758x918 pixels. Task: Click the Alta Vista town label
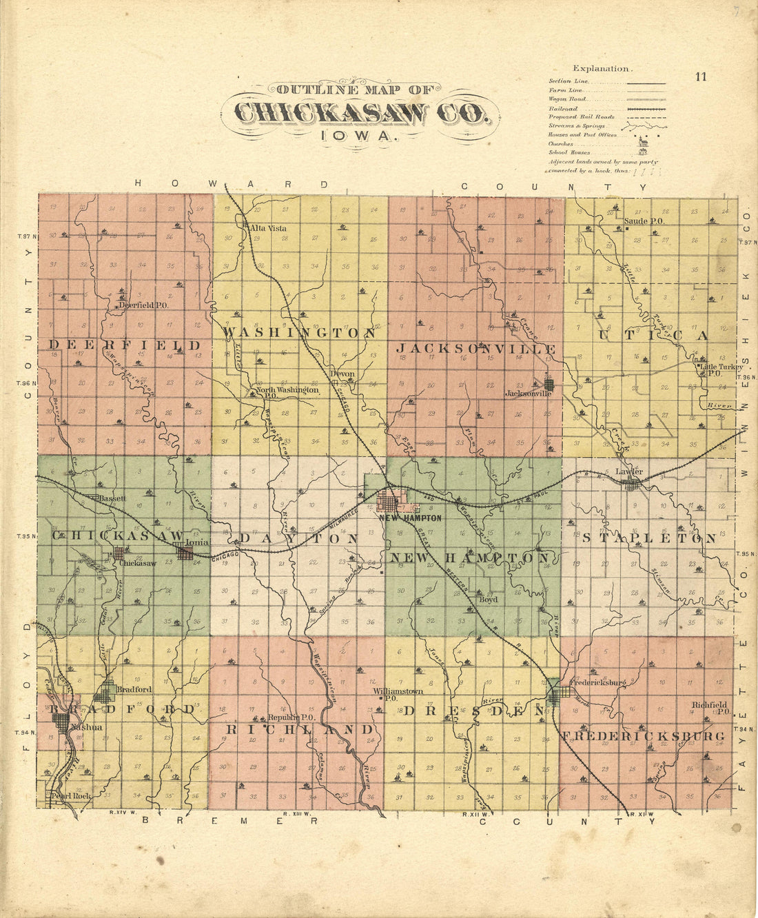(269, 227)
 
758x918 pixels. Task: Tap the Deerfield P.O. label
(143, 304)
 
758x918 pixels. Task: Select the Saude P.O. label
(644, 221)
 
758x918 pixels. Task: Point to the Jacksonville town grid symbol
(549, 384)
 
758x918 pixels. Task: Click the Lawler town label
(628, 471)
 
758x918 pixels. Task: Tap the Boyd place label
(489, 600)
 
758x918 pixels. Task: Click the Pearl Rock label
(71, 795)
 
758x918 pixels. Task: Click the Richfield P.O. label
(711, 708)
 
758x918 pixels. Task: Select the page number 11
(701, 76)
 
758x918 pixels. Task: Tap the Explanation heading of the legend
(601, 68)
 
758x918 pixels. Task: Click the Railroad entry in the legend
(563, 109)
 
